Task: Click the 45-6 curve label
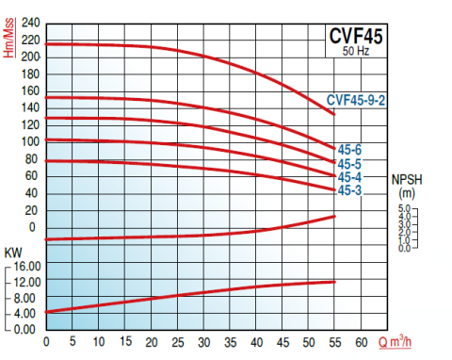349,149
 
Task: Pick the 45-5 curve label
349,163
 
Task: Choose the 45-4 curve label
349,177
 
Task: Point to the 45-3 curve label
349,191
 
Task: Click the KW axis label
13,253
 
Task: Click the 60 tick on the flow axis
362,341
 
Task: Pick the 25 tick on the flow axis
178,341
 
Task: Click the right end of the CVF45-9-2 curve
334,115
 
